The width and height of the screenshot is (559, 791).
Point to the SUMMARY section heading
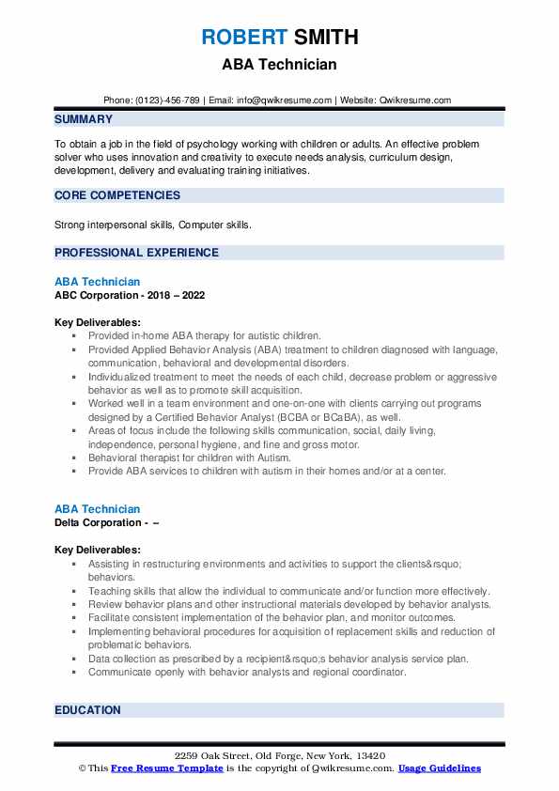coord(84,119)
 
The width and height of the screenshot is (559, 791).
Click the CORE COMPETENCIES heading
coord(117,195)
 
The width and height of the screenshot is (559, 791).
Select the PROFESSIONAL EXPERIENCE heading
coord(136,253)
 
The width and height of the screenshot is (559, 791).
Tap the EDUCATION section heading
coord(87,710)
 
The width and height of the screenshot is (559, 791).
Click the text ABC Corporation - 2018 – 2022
coord(130,295)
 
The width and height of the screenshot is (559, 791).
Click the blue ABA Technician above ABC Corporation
coord(98,282)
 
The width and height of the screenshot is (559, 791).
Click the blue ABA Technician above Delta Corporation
coord(98,509)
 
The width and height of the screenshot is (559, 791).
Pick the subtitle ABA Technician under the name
coord(279,65)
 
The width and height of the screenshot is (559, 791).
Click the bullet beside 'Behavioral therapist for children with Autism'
coord(73,458)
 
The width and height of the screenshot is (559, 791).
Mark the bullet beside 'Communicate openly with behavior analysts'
coord(73,673)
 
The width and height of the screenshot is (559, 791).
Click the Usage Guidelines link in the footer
coord(439,768)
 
